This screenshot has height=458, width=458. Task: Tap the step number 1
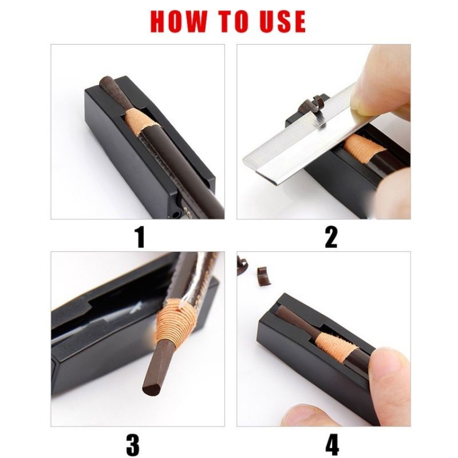click(139, 236)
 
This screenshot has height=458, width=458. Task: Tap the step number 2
click(331, 236)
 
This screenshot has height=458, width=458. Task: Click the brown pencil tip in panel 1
click(108, 86)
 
